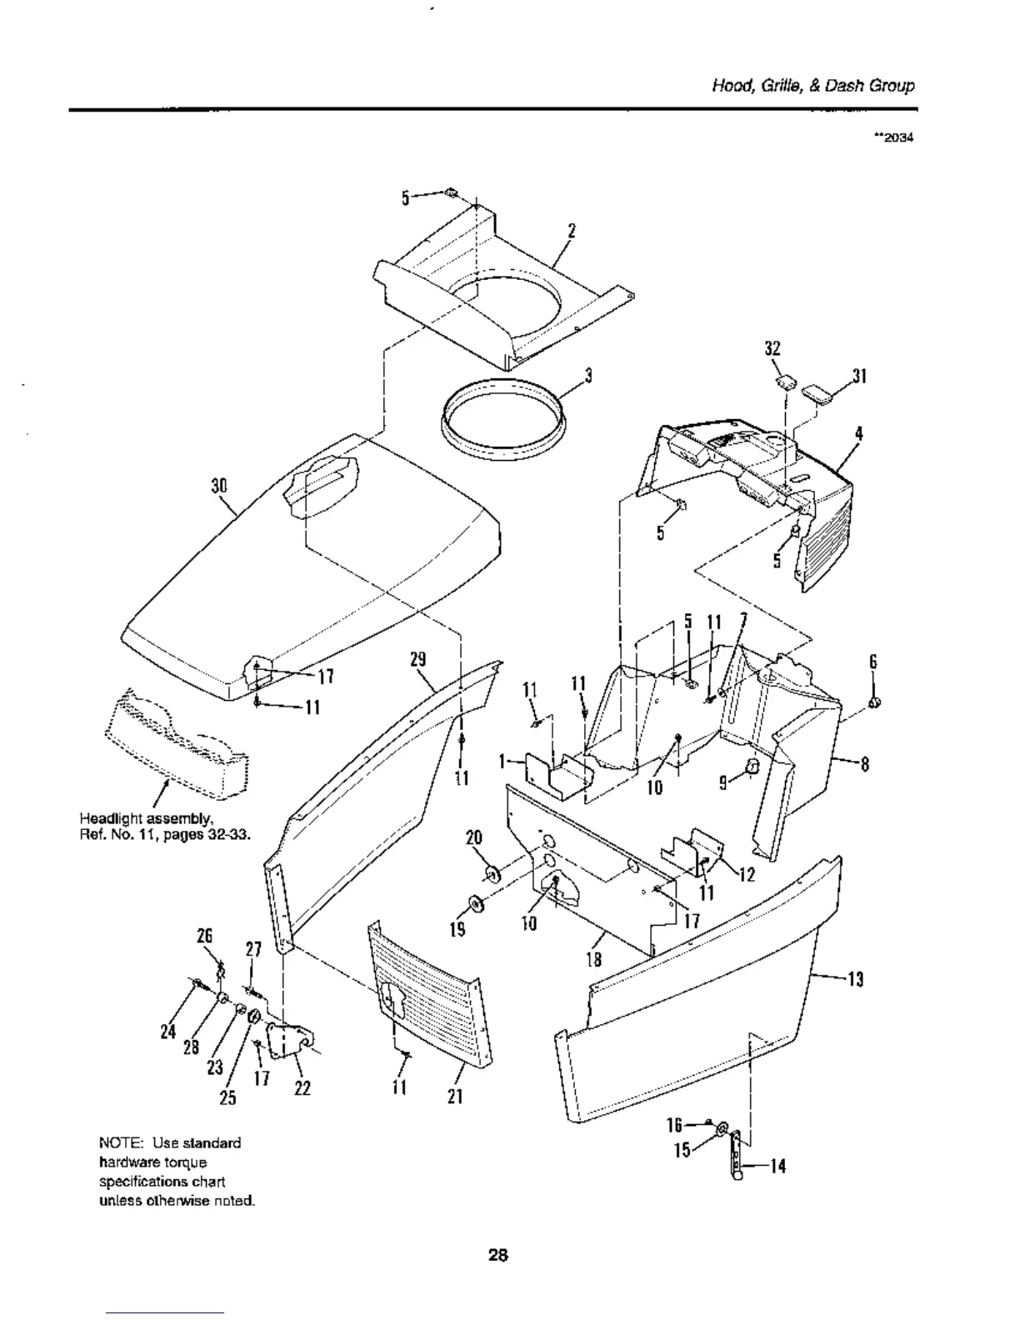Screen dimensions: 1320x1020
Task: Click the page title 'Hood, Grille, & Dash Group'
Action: pyautogui.click(x=812, y=86)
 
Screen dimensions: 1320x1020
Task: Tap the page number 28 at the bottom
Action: pyautogui.click(x=498, y=1254)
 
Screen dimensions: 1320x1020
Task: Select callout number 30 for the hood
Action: pyautogui.click(x=219, y=486)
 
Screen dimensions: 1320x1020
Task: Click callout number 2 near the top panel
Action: pyautogui.click(x=572, y=231)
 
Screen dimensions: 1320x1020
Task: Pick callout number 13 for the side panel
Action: pyautogui.click(x=855, y=980)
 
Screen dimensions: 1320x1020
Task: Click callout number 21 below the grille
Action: pyautogui.click(x=455, y=1097)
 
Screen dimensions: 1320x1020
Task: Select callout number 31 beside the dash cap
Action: pyautogui.click(x=860, y=377)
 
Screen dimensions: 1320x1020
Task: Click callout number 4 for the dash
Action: pyautogui.click(x=858, y=433)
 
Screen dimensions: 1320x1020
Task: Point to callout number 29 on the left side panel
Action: pyautogui.click(x=418, y=659)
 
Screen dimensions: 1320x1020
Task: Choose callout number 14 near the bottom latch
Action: pyautogui.click(x=777, y=1167)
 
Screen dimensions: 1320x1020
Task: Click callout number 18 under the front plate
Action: pyautogui.click(x=595, y=959)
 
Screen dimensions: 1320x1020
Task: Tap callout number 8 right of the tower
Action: pyautogui.click(x=865, y=763)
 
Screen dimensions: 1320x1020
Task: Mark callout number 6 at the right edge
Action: pyautogui.click(x=873, y=662)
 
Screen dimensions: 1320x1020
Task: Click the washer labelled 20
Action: pyautogui.click(x=492, y=872)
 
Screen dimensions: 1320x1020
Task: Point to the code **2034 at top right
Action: pyautogui.click(x=894, y=138)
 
